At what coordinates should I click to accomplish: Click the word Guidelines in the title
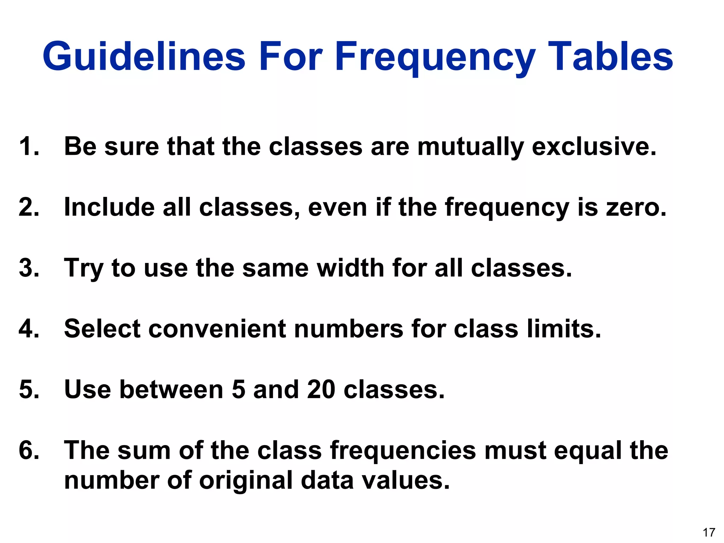144,57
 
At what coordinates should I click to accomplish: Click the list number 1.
28,146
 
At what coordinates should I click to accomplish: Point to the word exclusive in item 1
594,146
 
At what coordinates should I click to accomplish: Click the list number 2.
28,207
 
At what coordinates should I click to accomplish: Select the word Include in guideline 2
109,207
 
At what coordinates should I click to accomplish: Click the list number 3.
28,268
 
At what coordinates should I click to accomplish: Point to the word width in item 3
350,268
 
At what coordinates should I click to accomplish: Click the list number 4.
28,329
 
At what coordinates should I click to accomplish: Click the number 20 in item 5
321,390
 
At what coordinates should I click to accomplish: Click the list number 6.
28,450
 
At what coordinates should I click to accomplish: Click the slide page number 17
709,532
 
